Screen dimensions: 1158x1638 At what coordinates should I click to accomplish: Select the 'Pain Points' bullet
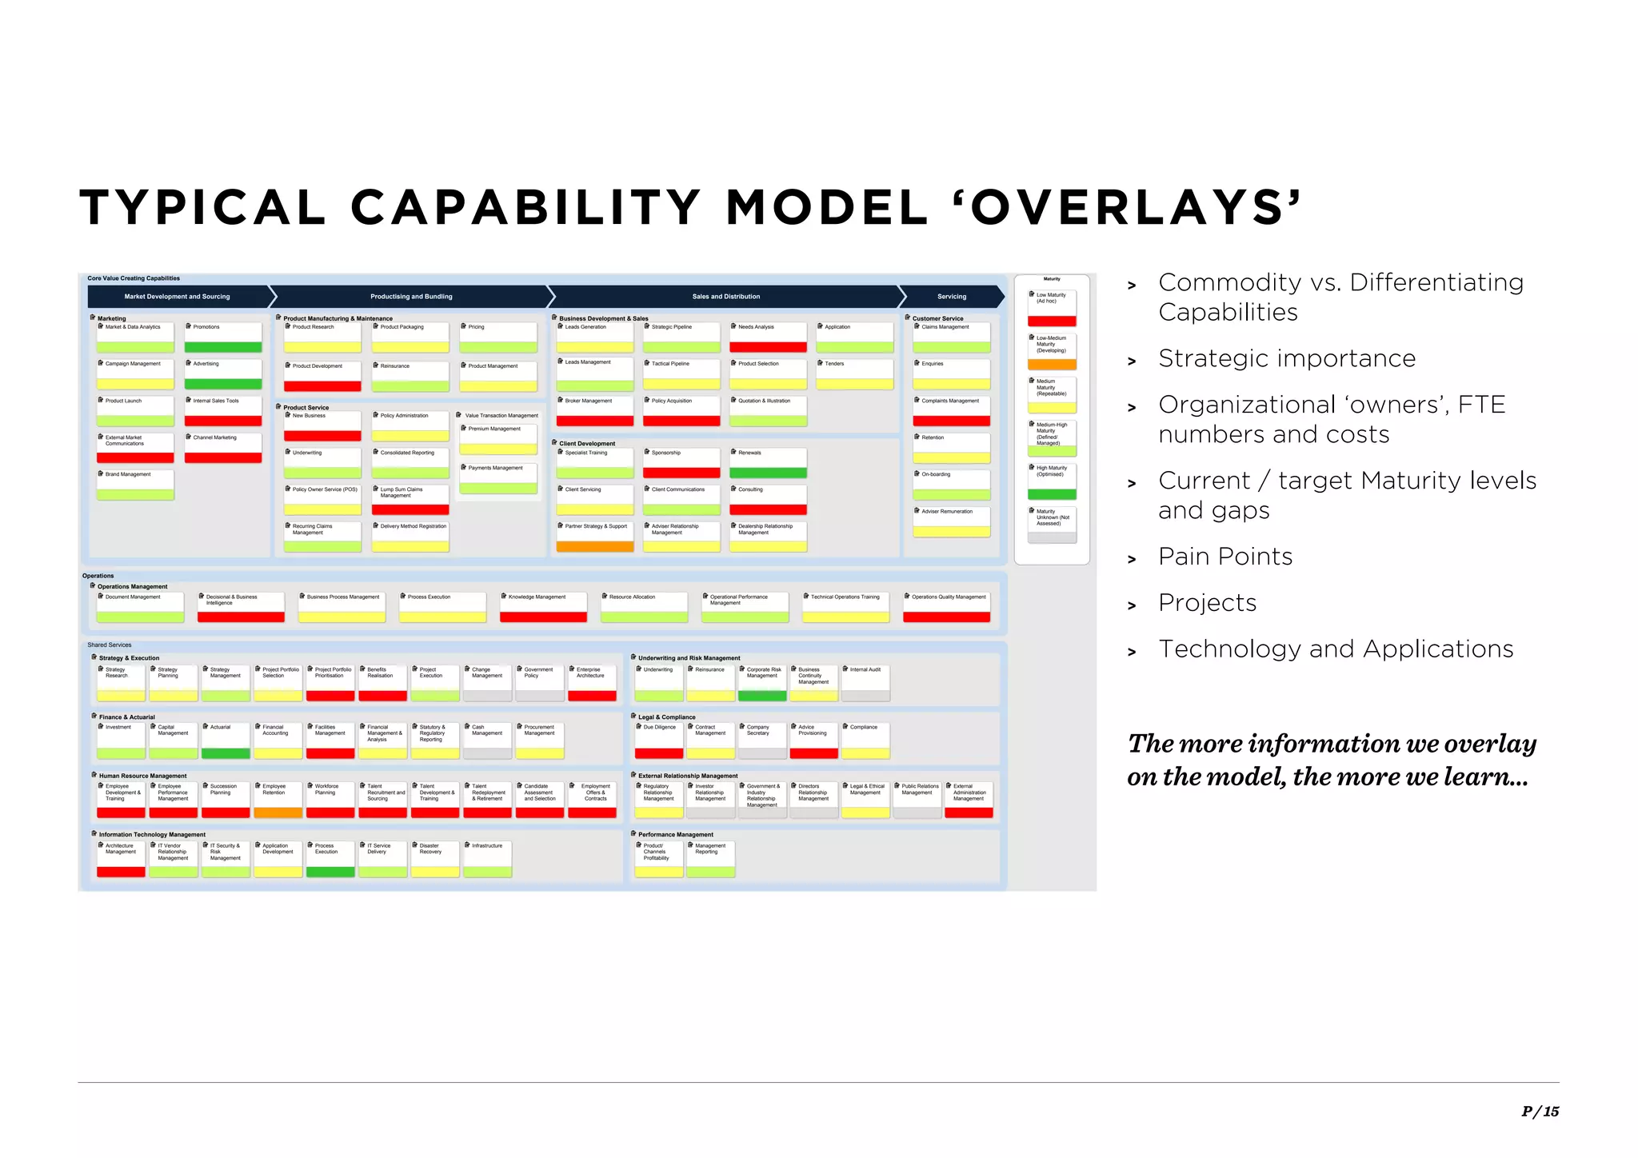pos(1225,557)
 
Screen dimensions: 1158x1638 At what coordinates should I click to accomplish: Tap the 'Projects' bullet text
pos(1207,603)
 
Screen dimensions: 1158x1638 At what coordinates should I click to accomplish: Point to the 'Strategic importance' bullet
pos(1286,358)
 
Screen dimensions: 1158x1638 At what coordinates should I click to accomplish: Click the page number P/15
pos(1540,1111)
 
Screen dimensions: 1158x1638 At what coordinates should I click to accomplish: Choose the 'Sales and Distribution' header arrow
pos(725,297)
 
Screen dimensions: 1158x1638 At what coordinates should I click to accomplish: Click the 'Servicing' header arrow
pos(951,297)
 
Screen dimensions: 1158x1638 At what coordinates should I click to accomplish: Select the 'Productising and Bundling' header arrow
pos(411,297)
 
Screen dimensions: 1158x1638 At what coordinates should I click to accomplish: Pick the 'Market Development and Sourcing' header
pos(178,297)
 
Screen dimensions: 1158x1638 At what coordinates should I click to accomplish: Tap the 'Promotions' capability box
pos(223,337)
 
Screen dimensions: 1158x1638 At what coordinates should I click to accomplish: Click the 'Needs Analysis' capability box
pos(768,337)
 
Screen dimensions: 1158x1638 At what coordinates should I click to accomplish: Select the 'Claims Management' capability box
pos(951,337)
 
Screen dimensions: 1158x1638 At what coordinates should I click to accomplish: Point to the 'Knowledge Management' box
pos(543,607)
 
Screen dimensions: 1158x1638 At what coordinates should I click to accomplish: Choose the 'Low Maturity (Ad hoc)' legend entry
pos(1052,308)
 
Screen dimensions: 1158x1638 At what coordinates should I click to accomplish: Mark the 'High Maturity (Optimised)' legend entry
pos(1052,481)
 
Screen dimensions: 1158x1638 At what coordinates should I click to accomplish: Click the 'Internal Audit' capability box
pos(865,683)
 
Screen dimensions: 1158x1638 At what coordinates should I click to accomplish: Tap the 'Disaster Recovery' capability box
pos(435,859)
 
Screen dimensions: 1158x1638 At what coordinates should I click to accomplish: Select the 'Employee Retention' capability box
pos(278,800)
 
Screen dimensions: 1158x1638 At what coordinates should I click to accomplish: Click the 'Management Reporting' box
pos(710,859)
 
